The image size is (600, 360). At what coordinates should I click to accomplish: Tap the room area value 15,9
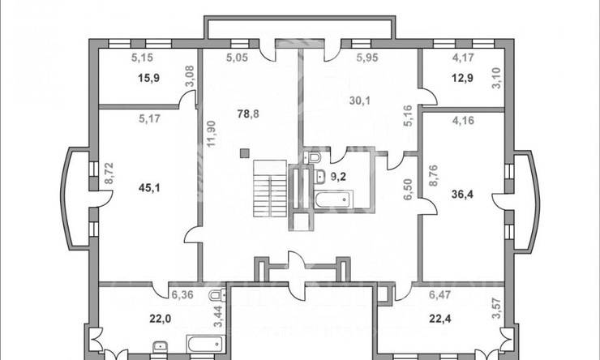pos(149,79)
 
